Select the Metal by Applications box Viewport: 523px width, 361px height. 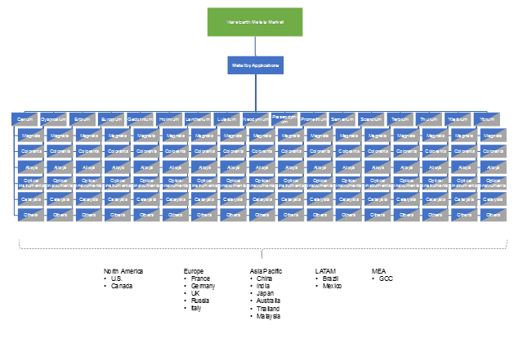tap(255, 65)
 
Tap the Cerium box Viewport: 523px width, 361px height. tap(25, 119)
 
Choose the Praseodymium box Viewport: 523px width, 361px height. tap(284, 119)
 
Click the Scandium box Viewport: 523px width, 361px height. tap(371, 119)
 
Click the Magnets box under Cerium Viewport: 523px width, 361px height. tap(31, 136)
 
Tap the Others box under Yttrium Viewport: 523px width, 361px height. tap(494, 215)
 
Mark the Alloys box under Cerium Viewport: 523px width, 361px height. tap(31, 167)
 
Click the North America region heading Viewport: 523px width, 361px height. tap(123, 270)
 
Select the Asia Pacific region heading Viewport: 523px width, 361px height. tap(266, 270)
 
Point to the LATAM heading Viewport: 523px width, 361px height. tap(326, 270)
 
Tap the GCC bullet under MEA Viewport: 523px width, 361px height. tap(387, 279)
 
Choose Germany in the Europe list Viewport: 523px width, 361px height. tap(203, 286)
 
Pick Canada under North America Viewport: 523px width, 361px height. tap(123, 286)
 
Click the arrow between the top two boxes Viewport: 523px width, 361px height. tap(255, 46)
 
